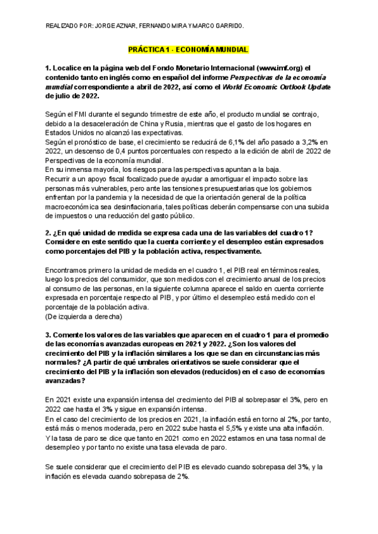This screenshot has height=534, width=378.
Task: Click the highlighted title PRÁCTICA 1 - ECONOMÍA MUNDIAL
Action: click(x=189, y=48)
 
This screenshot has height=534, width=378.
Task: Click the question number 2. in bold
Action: click(x=49, y=233)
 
